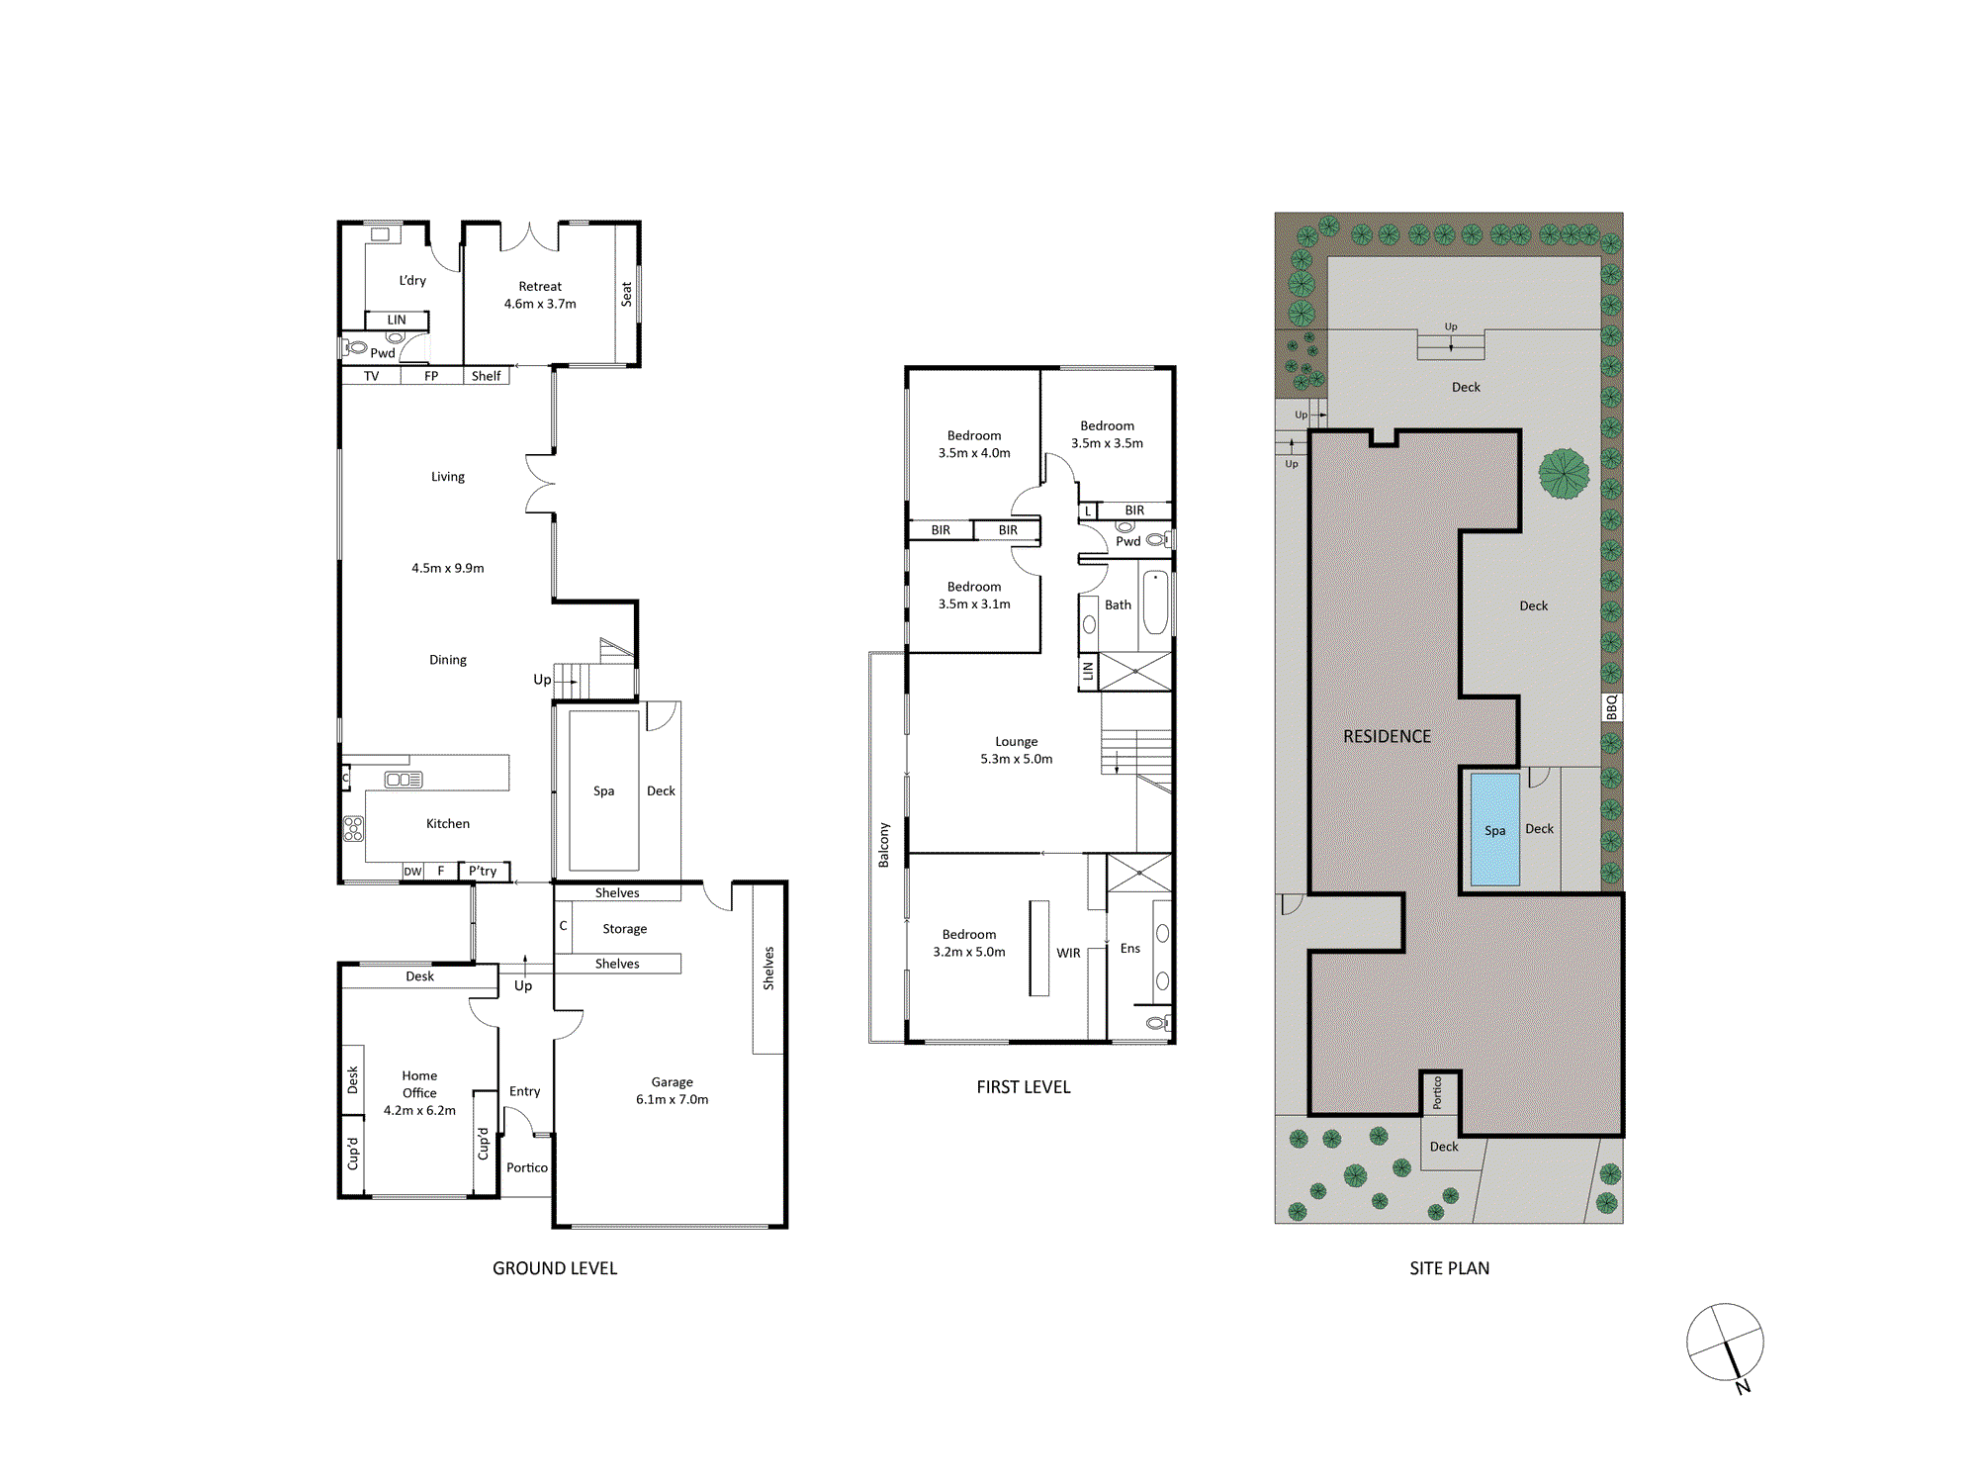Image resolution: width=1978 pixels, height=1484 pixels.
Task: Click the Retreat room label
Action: [540, 286]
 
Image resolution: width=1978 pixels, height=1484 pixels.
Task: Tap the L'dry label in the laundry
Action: [412, 280]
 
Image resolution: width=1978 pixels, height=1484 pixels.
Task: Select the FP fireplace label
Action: [431, 376]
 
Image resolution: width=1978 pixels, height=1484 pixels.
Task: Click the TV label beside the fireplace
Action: [371, 376]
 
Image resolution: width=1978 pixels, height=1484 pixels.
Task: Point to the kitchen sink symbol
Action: [404, 780]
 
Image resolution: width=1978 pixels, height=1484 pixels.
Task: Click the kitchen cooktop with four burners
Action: [353, 829]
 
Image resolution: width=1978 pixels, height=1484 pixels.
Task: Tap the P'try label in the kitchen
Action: [483, 871]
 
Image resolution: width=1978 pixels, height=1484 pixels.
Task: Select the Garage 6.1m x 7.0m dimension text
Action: [673, 1099]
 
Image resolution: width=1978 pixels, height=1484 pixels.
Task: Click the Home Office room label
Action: [419, 1084]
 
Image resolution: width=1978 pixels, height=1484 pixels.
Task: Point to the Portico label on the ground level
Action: [527, 1167]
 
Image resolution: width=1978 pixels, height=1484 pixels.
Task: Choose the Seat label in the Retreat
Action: [626, 294]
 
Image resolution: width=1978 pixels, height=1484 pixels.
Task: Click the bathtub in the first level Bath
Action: [1155, 603]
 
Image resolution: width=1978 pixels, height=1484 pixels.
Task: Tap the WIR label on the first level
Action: [1068, 953]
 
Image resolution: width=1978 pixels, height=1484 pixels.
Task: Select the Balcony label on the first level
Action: [884, 845]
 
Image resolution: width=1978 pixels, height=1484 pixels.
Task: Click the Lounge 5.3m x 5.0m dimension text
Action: [1017, 759]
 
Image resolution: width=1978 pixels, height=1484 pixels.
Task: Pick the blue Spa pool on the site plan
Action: [1494, 829]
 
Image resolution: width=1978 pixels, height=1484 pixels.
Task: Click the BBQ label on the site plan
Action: [1612, 707]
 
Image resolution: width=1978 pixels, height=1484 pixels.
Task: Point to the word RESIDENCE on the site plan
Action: [1387, 736]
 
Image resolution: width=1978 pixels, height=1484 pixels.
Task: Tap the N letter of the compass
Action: [1743, 1387]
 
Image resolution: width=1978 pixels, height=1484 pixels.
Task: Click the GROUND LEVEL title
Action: [555, 1268]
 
